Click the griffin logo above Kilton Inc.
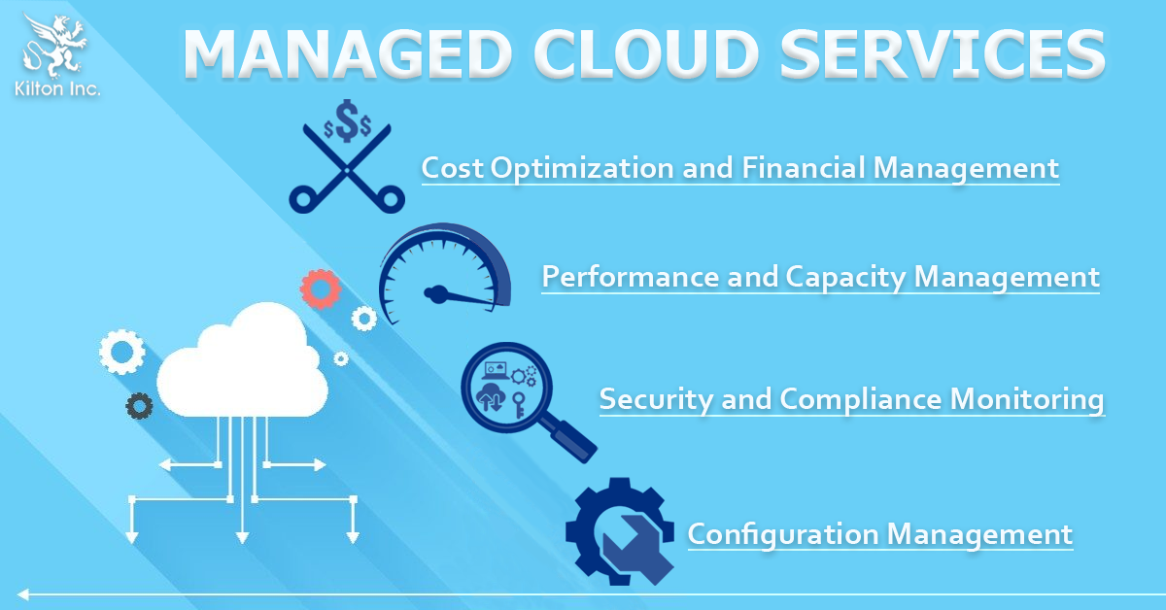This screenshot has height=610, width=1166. (54, 46)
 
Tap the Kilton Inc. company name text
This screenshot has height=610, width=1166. (57, 89)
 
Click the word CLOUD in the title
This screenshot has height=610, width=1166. (645, 54)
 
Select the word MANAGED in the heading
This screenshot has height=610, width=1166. (347, 54)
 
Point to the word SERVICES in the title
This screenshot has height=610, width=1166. (943, 54)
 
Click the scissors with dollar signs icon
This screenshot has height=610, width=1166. (347, 156)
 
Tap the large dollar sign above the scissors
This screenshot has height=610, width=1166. (347, 120)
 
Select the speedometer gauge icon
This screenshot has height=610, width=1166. (445, 273)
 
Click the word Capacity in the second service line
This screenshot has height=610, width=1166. (844, 277)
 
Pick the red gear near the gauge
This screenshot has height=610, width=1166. (321, 288)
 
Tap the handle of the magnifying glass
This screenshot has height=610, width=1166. (570, 440)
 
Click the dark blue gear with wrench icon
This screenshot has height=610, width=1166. (620, 532)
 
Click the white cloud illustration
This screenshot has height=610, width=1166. (243, 360)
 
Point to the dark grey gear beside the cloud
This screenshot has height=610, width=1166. (140, 406)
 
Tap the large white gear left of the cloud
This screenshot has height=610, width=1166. (122, 352)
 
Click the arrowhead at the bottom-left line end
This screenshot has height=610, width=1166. (22, 593)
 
